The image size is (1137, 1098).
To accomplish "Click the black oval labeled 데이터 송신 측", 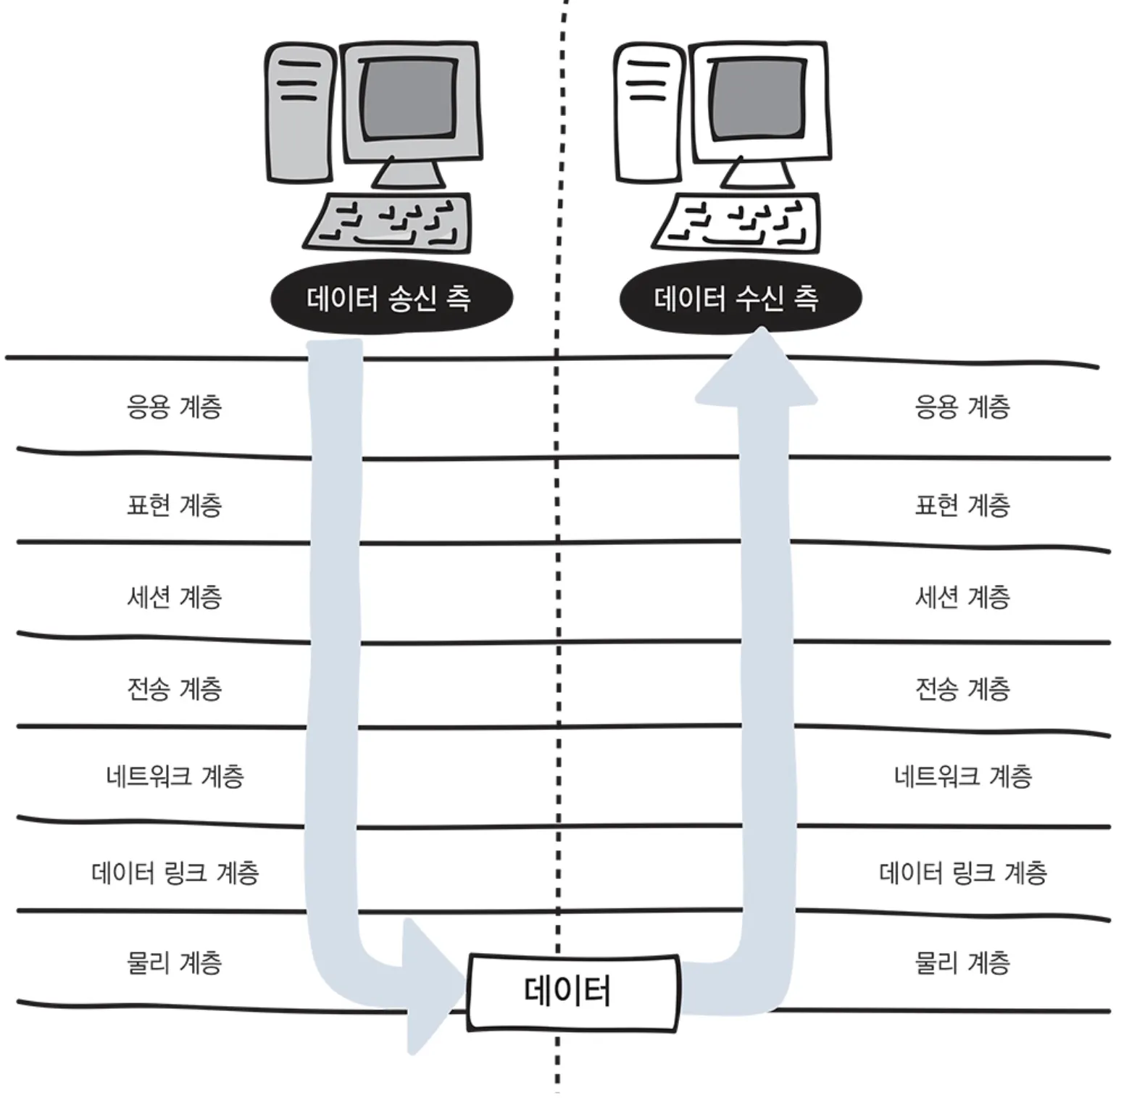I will pos(391,298).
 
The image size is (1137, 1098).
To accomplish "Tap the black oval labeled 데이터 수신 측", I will pos(740,298).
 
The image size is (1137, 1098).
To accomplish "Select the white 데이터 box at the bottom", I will pos(572,991).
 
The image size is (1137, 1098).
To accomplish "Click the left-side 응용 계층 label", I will pos(174,407).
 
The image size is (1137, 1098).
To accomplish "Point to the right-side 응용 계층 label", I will pos(962,407).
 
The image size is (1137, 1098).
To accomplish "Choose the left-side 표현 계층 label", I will pos(174,504).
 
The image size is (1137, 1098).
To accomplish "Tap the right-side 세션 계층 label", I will pos(962,597).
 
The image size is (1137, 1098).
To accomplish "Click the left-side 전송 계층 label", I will pos(174,689).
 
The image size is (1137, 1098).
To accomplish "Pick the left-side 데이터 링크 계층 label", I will pos(175,872).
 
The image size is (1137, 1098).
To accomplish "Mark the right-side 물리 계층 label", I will pos(962,962).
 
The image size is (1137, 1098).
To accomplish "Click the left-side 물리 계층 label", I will pos(174,962).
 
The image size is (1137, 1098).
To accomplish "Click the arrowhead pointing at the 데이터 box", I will pos(431,986).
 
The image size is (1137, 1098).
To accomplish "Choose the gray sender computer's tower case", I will pos(299,112).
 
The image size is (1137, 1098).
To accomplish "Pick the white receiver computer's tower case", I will pos(649,112).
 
